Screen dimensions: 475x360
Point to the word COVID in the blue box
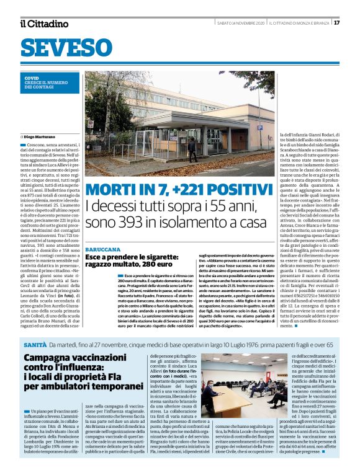coord(32,78)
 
